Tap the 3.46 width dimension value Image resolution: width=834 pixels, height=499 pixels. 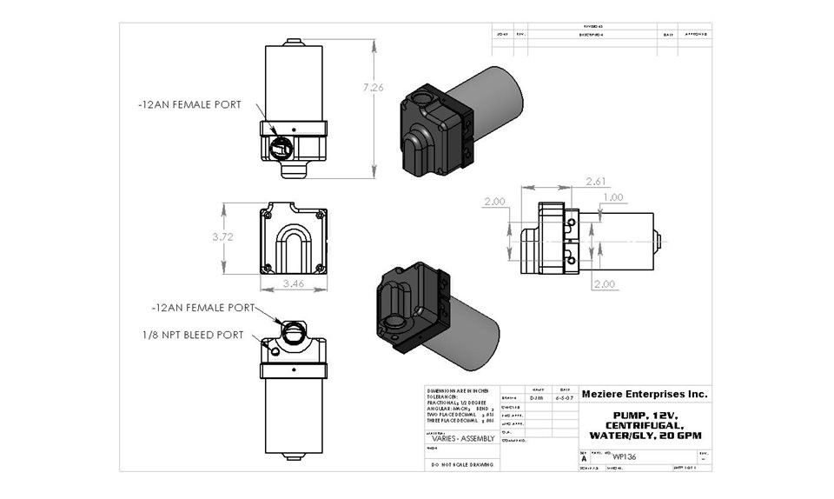click(293, 283)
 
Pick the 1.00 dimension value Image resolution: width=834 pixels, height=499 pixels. click(612, 197)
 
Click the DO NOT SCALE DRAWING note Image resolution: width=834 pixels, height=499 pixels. click(461, 465)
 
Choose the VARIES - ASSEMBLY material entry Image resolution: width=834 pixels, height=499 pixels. click(461, 439)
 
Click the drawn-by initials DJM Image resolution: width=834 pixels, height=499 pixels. click(537, 396)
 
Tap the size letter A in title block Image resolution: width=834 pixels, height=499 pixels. click(583, 457)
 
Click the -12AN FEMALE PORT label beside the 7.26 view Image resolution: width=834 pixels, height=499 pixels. click(189, 104)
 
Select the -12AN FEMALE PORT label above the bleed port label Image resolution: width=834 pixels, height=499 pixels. click(202, 308)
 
